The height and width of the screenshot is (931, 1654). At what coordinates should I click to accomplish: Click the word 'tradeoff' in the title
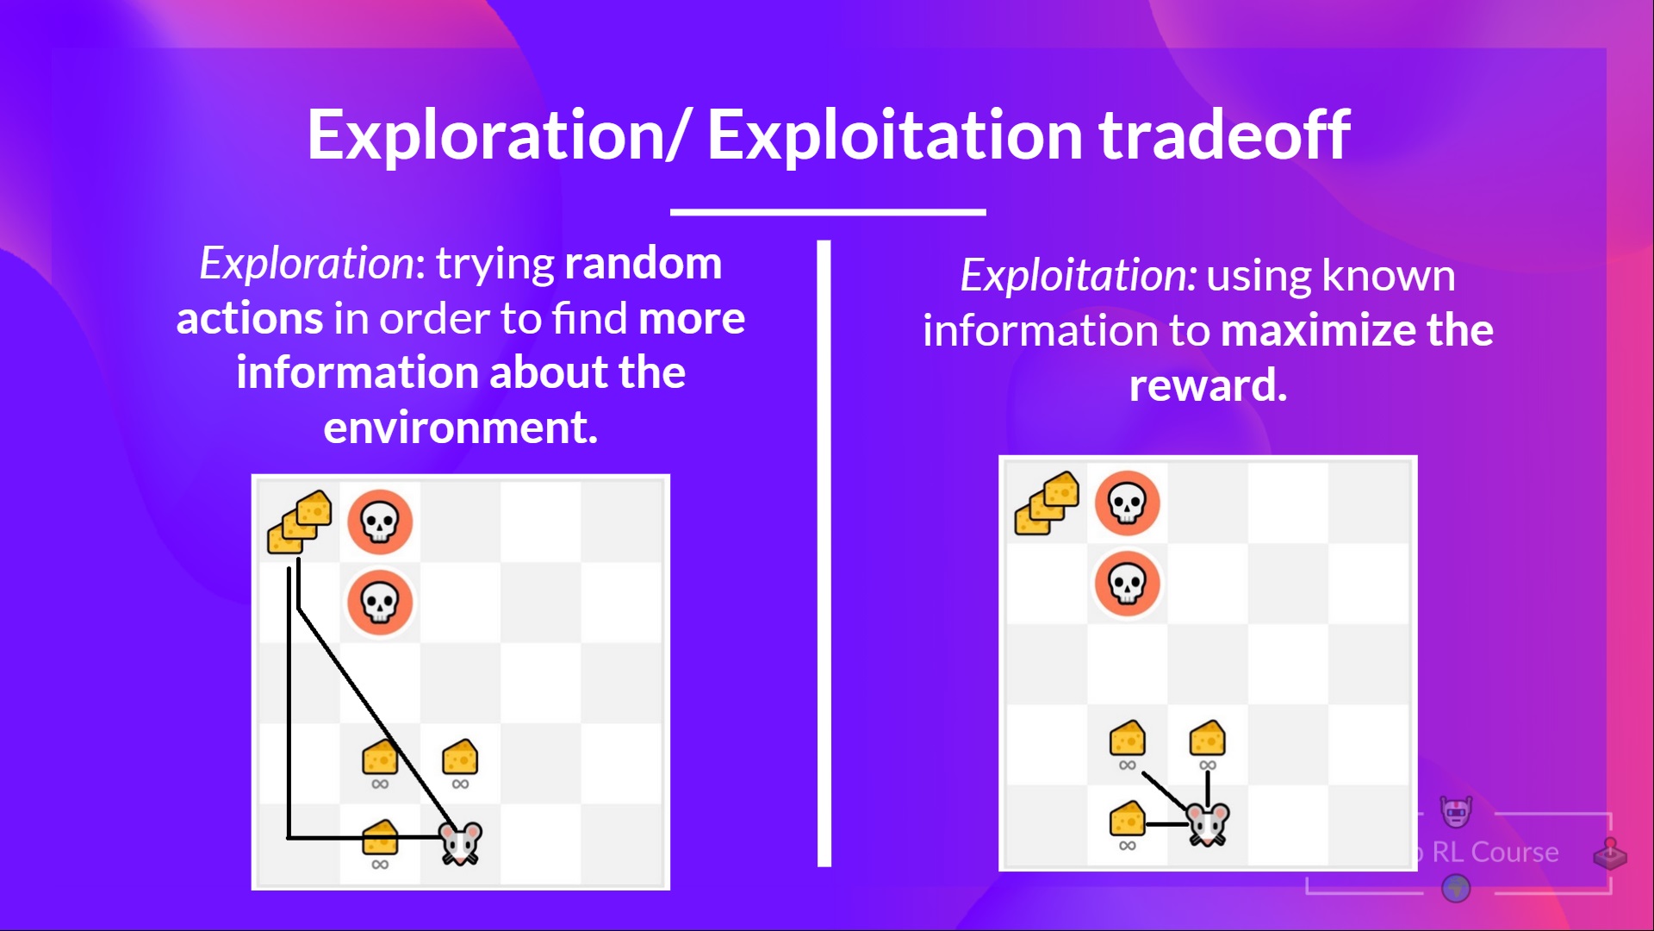coord(1224,135)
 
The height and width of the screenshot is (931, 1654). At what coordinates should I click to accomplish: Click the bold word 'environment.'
coord(460,428)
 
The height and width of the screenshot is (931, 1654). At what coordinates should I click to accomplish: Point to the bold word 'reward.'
coord(1208,385)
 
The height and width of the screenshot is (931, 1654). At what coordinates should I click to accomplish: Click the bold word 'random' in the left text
coord(643,263)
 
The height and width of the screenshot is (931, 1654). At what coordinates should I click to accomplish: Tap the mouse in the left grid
coord(461,842)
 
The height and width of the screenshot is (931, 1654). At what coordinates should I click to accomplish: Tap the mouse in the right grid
coord(1208,824)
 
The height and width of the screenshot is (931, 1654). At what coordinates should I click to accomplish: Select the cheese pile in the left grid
coord(300,522)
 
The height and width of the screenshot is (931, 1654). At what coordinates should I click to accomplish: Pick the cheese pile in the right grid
coord(1047,503)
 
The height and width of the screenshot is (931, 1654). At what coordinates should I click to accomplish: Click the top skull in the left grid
coord(380,522)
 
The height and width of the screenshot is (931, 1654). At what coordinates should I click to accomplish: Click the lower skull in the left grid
coord(380,602)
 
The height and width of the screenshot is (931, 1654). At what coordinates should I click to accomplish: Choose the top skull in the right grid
coord(1127,503)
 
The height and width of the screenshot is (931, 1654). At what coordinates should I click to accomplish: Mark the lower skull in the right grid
coord(1127,584)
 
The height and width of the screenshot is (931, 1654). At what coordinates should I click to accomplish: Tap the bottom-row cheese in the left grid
coord(380,837)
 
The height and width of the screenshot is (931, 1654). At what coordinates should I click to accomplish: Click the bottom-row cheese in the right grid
coord(1127,819)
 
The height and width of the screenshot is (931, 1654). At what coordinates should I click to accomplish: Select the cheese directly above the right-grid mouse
coord(1207,739)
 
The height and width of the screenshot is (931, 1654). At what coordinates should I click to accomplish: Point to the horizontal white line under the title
coord(827,211)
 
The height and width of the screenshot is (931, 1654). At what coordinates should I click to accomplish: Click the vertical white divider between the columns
coord(824,552)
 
